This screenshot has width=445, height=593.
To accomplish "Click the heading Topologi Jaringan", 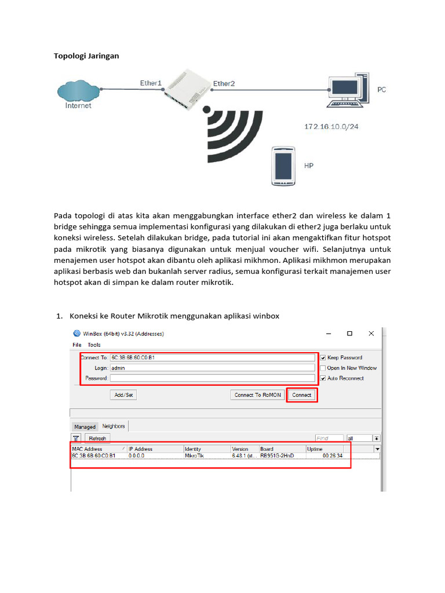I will (x=86, y=56).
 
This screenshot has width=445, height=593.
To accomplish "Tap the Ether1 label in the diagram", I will (x=151, y=83).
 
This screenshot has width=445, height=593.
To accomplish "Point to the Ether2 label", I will (x=224, y=84).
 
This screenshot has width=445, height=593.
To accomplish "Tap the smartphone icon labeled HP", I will (x=283, y=166).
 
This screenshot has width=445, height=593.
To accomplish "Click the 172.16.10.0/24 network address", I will (x=331, y=126).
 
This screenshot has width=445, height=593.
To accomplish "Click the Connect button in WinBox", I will (x=301, y=395).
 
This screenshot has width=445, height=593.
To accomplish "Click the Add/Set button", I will (x=123, y=395).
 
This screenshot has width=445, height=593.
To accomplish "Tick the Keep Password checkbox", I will (x=323, y=358).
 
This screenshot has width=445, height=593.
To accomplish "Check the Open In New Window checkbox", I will (x=323, y=368).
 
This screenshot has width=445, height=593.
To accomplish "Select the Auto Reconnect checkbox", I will (x=323, y=378).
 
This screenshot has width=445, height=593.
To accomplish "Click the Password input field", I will (x=213, y=378).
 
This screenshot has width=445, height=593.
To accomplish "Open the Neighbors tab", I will (x=114, y=426).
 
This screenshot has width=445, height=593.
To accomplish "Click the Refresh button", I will (x=97, y=438).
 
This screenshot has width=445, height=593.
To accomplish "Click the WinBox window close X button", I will (x=371, y=334).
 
